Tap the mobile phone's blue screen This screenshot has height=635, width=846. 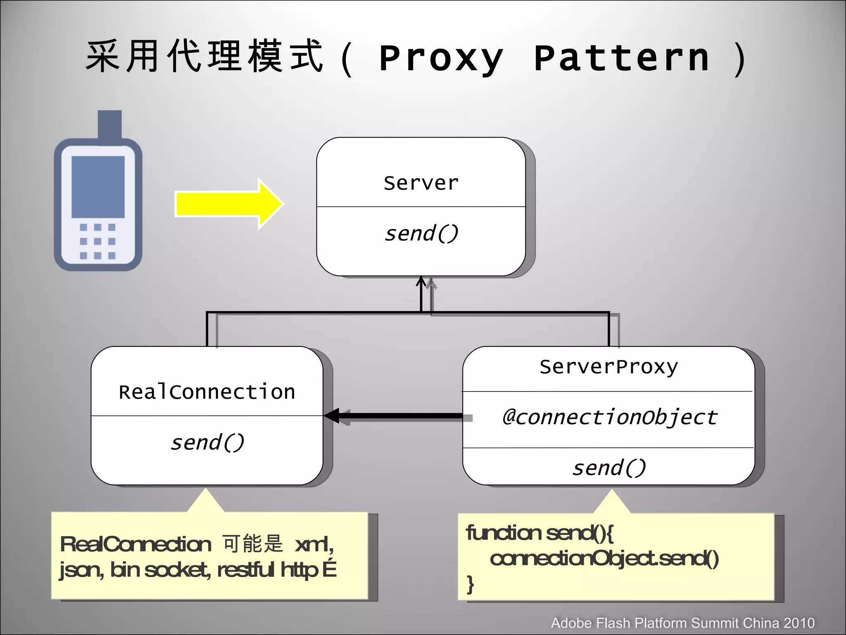[x=98, y=186]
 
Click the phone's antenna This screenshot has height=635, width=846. [x=109, y=124]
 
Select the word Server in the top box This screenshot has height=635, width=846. [x=421, y=183]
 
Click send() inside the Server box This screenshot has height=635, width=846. [x=421, y=234]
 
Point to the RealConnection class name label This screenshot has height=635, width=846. [x=207, y=392]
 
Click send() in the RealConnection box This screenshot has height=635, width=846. [x=207, y=443]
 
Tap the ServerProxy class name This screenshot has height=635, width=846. [x=608, y=367]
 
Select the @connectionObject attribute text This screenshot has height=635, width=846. [x=610, y=417]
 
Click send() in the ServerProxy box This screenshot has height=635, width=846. [x=608, y=468]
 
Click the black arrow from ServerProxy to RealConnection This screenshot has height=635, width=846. [x=397, y=416]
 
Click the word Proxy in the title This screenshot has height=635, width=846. [x=441, y=59]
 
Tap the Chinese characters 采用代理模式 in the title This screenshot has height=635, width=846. [x=204, y=57]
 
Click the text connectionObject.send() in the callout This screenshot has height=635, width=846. [x=604, y=559]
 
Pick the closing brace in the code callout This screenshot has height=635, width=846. [x=470, y=584]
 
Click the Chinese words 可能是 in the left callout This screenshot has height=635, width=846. [x=253, y=544]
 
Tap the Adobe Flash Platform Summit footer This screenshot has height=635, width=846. [x=682, y=623]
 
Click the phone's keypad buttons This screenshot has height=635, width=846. [x=97, y=241]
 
